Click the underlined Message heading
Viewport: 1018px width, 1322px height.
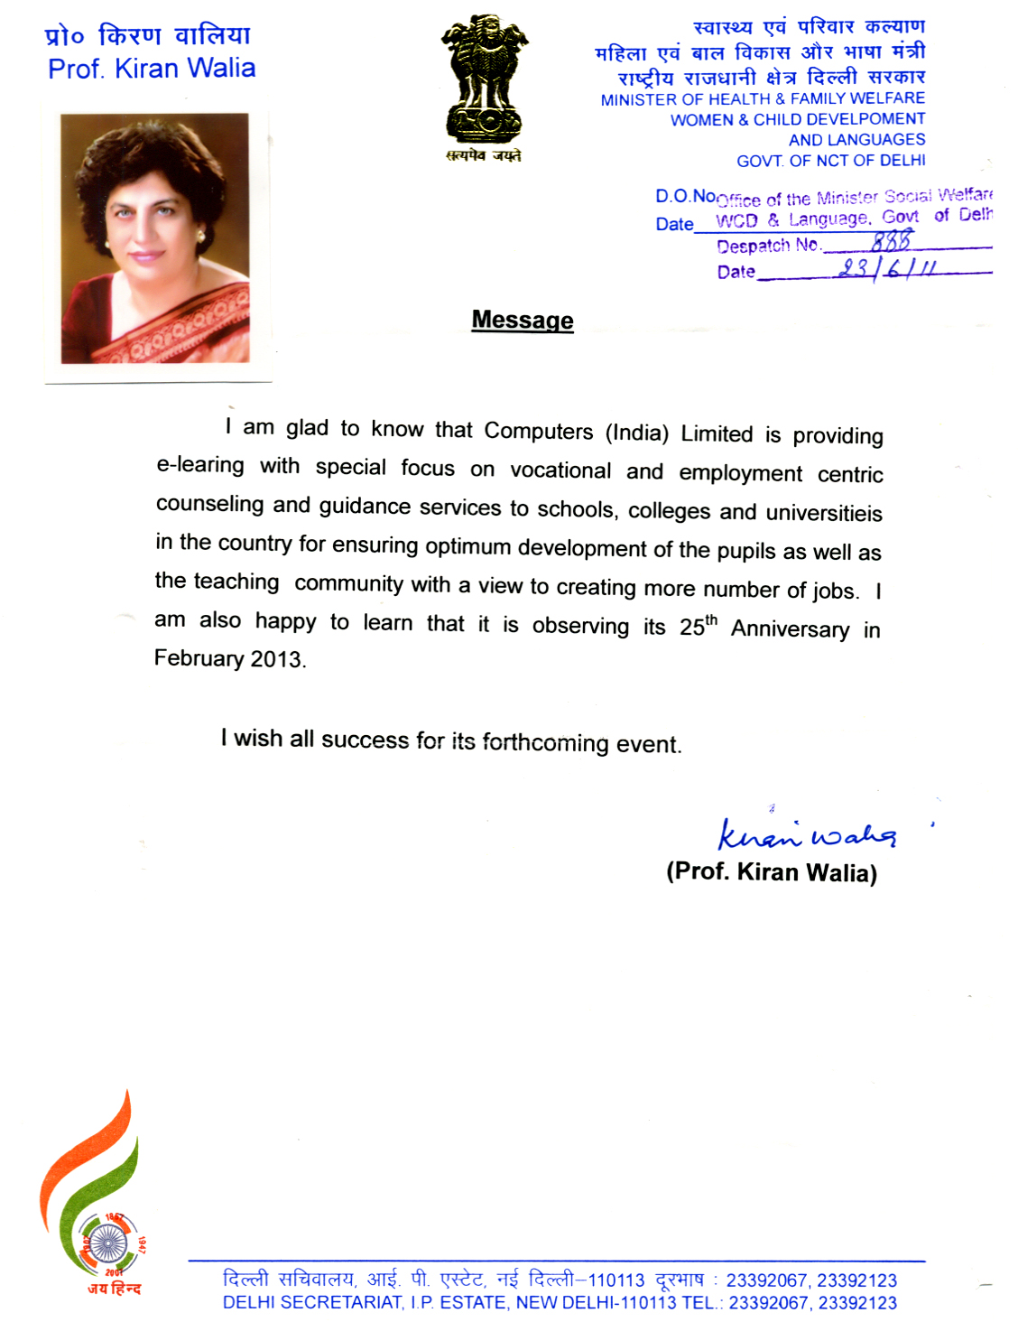click(x=523, y=321)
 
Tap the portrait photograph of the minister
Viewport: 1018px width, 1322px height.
click(x=155, y=238)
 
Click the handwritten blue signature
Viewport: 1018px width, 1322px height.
click(x=806, y=834)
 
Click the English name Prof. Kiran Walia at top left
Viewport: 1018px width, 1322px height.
click(x=152, y=69)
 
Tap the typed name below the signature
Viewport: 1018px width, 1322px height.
click(x=772, y=872)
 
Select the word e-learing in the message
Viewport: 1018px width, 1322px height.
click(x=200, y=465)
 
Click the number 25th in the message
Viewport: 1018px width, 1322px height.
click(x=699, y=626)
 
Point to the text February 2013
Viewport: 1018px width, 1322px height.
click(x=230, y=658)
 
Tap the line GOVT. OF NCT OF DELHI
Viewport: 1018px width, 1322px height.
click(x=830, y=161)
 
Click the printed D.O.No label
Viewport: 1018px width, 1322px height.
click(x=685, y=196)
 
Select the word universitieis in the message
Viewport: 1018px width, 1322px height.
click(x=824, y=513)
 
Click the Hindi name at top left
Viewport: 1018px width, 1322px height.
click(x=147, y=36)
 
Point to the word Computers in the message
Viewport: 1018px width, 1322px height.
click(x=539, y=431)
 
